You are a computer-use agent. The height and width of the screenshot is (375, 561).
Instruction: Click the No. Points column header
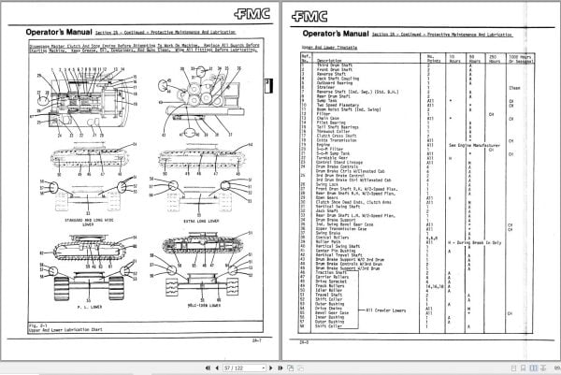[x=434, y=58]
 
